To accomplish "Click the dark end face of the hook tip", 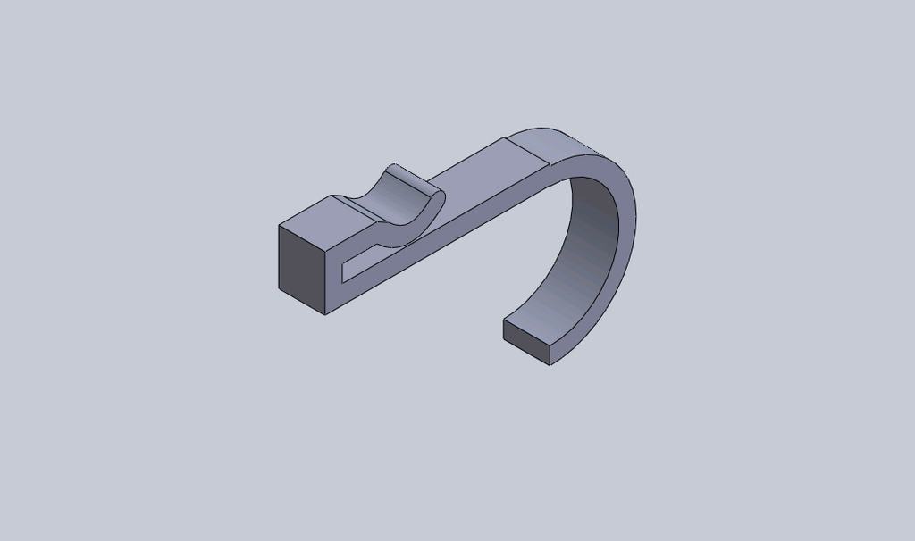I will point(526,342).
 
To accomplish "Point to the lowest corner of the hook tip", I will point(550,364).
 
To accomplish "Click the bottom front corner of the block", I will point(325,313).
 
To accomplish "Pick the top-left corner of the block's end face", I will point(280,226).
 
